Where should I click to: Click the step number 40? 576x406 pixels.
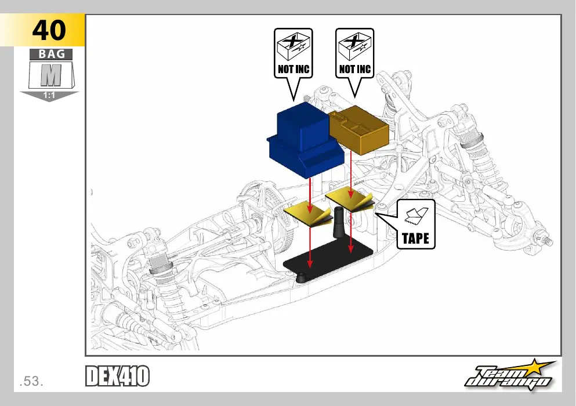click(49, 30)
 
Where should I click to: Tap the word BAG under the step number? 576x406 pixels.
click(52, 54)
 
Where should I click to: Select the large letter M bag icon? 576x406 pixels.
click(52, 75)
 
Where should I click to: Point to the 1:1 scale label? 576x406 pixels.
click(49, 96)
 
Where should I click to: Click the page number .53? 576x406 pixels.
click(31, 382)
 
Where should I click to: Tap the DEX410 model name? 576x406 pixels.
click(118, 376)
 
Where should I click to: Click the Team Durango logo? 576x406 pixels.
click(510, 375)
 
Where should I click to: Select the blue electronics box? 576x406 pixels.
click(306, 140)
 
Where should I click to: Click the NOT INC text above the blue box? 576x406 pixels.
click(294, 69)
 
